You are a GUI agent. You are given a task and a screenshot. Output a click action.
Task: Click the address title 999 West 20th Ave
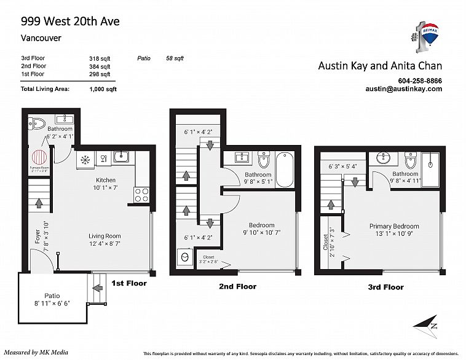point(70,22)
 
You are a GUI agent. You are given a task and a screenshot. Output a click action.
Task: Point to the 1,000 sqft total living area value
point(103,89)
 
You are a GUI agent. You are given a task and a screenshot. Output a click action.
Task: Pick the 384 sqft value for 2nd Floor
point(100,66)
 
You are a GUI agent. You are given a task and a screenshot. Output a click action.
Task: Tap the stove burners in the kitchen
point(141,195)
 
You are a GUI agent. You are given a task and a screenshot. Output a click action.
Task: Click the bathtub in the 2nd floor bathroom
point(285,170)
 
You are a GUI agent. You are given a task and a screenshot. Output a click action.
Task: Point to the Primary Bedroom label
point(394,226)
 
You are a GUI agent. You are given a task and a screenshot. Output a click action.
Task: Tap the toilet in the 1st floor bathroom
point(38,121)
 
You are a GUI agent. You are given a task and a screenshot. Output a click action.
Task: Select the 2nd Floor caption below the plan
point(237,286)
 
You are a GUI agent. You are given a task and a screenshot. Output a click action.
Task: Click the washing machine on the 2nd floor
point(183,257)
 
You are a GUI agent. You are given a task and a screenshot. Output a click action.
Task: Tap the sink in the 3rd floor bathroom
point(385,159)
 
